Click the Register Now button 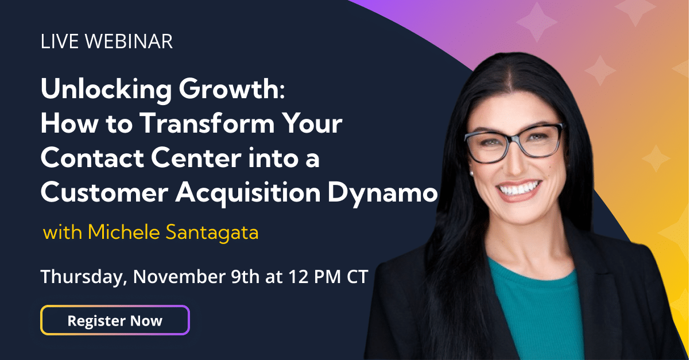tap(115, 320)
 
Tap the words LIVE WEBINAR tap(107, 41)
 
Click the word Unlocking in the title tap(106, 90)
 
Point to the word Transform tap(207, 123)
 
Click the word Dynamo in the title tap(383, 193)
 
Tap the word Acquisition tap(248, 193)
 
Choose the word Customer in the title tap(104, 192)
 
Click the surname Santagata tap(212, 233)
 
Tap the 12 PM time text tap(315, 276)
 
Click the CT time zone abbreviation tap(357, 276)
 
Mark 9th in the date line tap(245, 276)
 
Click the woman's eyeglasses tap(514, 142)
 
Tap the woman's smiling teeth tap(518, 189)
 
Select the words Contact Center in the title tap(141, 158)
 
